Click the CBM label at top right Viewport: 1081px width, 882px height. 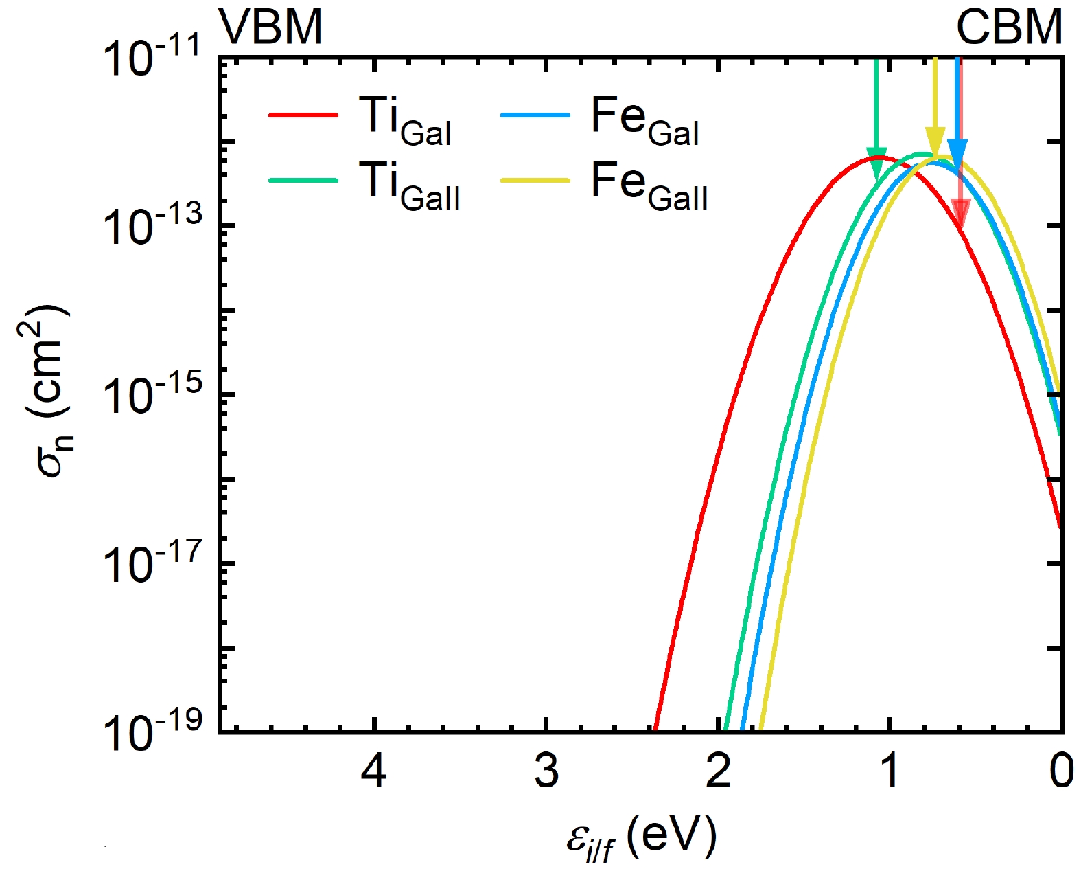1009,27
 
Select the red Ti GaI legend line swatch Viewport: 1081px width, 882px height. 304,115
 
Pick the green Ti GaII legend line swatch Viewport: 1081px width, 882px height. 304,180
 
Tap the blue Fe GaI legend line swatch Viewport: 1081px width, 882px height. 535,115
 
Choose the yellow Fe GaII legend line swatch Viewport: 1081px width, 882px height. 535,180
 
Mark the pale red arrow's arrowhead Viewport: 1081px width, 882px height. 960,212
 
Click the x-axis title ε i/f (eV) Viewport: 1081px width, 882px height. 641,838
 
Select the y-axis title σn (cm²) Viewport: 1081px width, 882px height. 51,392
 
